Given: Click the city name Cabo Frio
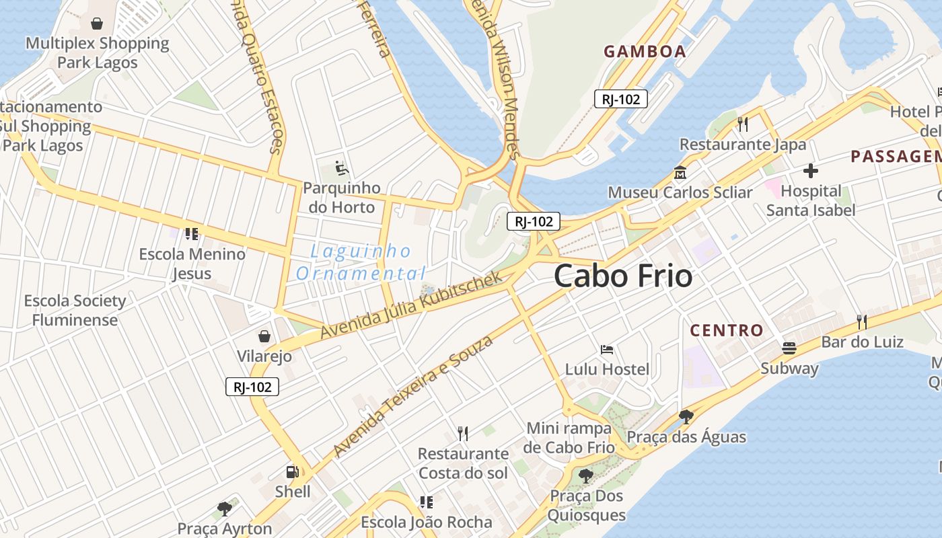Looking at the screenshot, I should coord(623,276).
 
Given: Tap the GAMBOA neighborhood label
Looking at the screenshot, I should coord(645,51).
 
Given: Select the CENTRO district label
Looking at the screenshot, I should coord(727,330).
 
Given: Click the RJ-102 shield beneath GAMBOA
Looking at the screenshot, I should coord(620,100).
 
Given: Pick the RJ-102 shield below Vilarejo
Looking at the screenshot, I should coord(252,387).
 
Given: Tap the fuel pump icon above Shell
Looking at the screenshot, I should coord(292,472).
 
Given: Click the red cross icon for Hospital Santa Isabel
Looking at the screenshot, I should coord(810,171).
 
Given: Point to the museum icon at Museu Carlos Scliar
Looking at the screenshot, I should coord(680,174).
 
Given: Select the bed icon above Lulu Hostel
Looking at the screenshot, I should coord(606,350).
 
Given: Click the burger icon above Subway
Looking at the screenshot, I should coord(789,348).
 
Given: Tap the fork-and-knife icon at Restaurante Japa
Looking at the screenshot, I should coord(742,124).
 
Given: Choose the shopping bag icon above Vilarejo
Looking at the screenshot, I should coord(264,336).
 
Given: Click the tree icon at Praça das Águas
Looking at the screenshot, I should coord(686,417).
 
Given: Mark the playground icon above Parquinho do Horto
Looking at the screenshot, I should coord(341,167).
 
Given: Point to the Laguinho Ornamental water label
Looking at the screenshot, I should coord(361,262).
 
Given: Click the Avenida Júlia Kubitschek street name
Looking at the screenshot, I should coord(411,305).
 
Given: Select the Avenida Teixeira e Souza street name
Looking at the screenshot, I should coord(413,395).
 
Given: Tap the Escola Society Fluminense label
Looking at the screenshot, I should coord(75,310).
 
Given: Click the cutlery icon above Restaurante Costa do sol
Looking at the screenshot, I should coord(462,433).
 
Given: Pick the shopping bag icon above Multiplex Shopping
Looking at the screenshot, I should coord(97,24).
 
